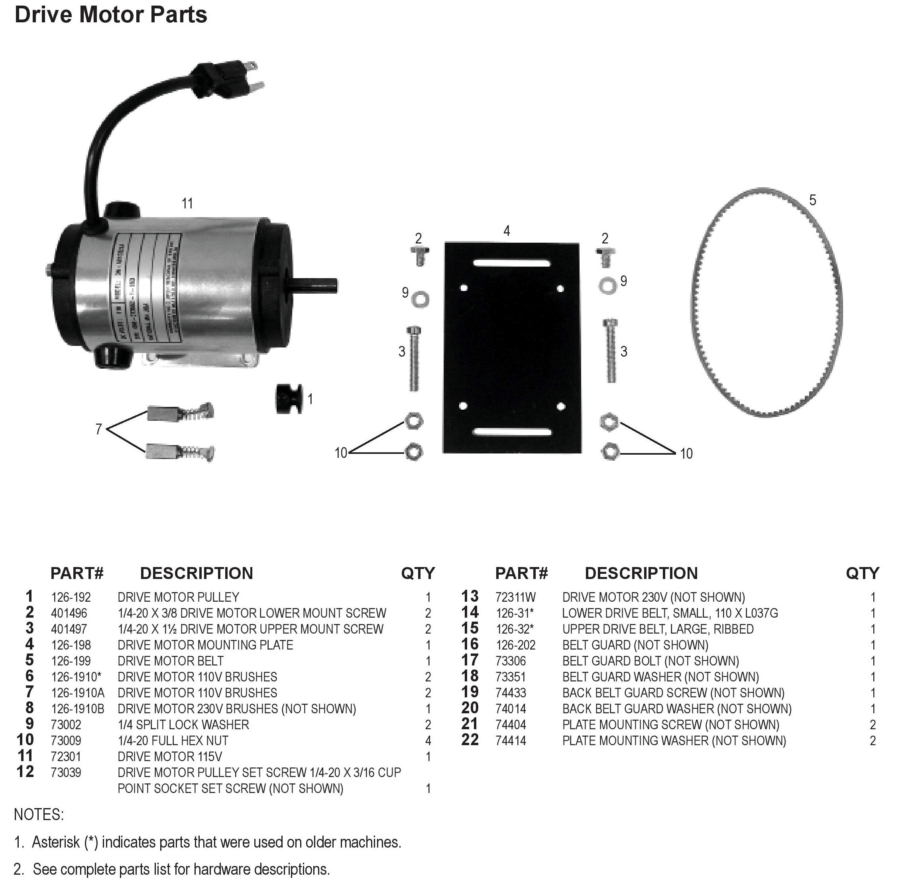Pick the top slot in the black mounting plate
(x=511, y=264)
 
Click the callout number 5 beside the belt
(x=813, y=200)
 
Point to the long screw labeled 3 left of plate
(x=414, y=358)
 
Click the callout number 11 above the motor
(x=187, y=204)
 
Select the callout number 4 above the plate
(x=507, y=231)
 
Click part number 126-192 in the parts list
(x=71, y=597)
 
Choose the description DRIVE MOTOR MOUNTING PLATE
(x=205, y=645)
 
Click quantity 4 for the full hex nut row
(x=428, y=741)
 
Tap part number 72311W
(x=516, y=597)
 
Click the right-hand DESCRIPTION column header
(x=641, y=573)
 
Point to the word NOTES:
(x=39, y=815)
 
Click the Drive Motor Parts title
(x=111, y=15)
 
